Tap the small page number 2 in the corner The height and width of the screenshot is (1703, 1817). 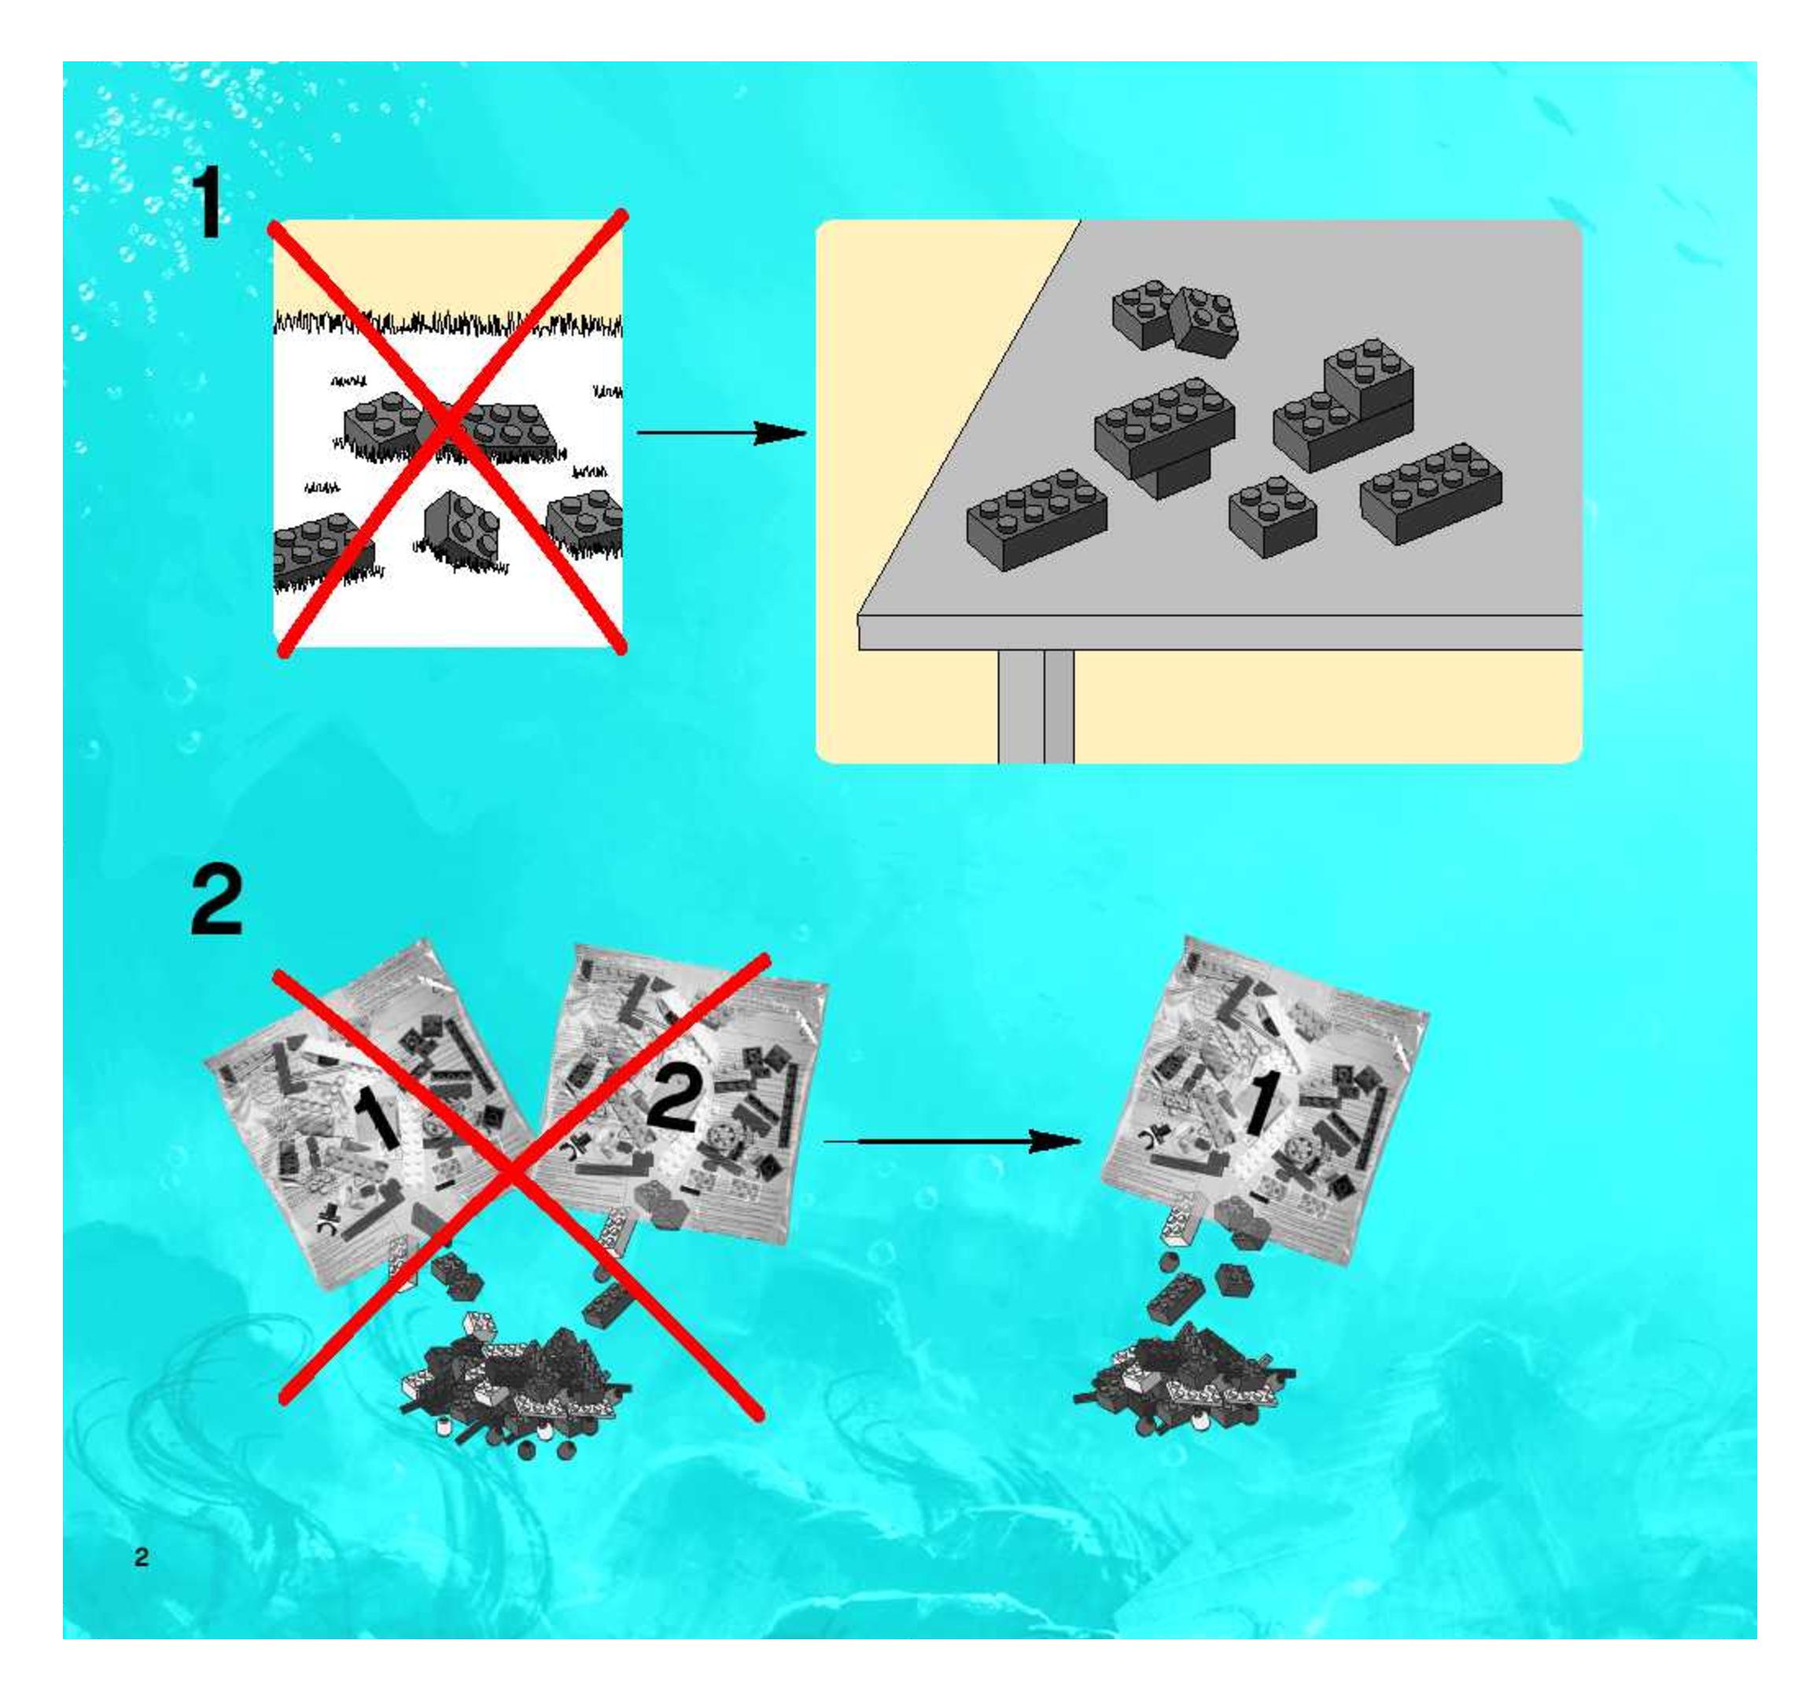click(141, 1557)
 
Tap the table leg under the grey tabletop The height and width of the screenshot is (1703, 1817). click(1036, 706)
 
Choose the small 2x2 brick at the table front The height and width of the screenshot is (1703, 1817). click(1272, 517)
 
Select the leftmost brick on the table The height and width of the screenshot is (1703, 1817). click(1037, 520)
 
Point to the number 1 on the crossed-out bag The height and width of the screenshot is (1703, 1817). click(377, 1116)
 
